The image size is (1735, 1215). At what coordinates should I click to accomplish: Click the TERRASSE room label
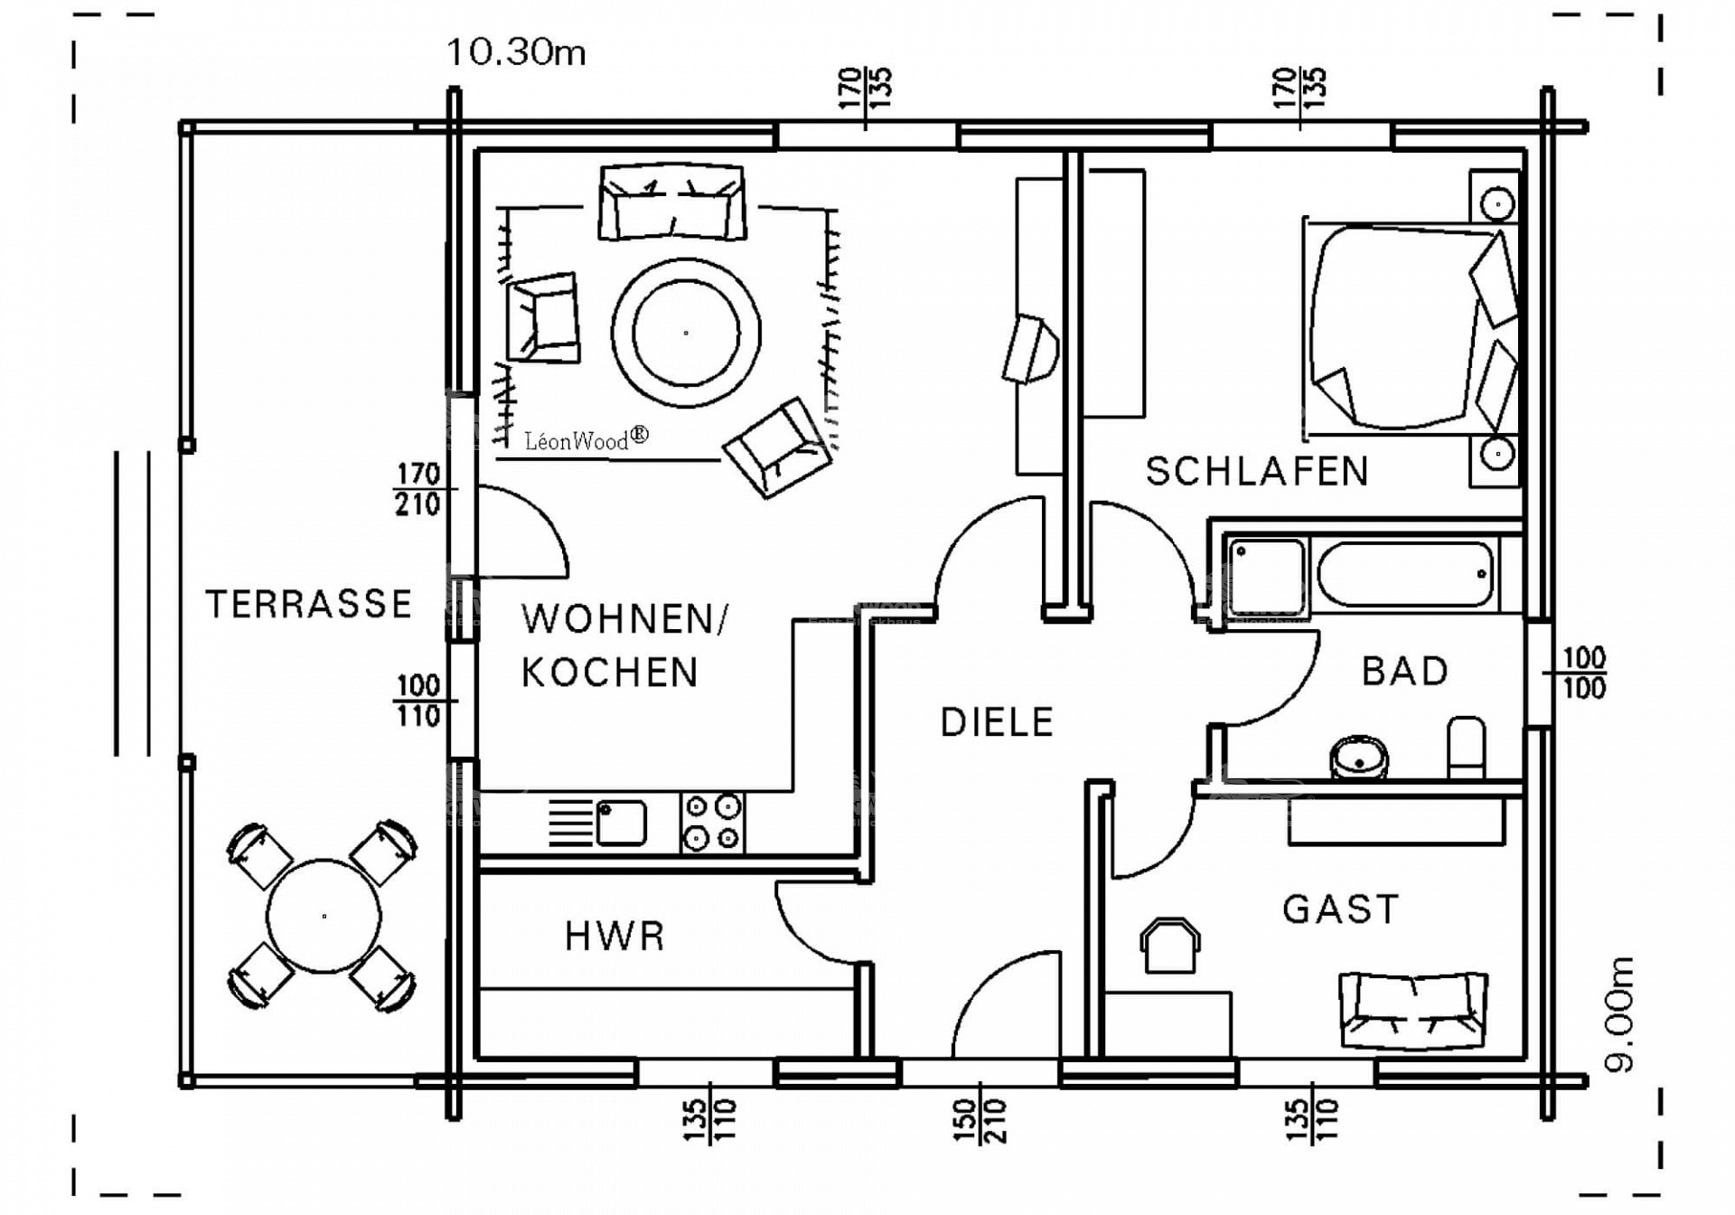[309, 604]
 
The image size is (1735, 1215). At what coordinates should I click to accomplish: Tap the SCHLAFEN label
[1257, 472]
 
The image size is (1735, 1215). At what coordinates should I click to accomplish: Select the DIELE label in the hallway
[997, 722]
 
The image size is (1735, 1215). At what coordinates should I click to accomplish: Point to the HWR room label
[614, 937]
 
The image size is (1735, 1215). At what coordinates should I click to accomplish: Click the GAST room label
[1341, 909]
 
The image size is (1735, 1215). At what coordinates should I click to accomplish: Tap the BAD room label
[1405, 672]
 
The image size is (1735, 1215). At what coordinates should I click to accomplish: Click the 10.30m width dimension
[517, 52]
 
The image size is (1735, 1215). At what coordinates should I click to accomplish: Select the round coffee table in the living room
[686, 333]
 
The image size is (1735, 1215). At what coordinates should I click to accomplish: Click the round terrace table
[324, 916]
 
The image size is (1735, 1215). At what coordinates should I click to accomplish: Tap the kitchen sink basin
[621, 822]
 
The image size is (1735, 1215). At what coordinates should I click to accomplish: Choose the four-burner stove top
[712, 822]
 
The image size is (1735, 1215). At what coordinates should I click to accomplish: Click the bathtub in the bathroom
[1404, 574]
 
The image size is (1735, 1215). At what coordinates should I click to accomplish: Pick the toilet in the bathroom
[1466, 747]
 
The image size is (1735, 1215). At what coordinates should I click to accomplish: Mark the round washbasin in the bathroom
[1358, 758]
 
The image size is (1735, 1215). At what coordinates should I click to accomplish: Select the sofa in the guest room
[1413, 1010]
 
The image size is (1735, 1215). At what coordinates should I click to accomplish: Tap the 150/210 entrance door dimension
[980, 1121]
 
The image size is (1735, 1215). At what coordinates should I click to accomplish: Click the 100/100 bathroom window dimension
[1583, 673]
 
